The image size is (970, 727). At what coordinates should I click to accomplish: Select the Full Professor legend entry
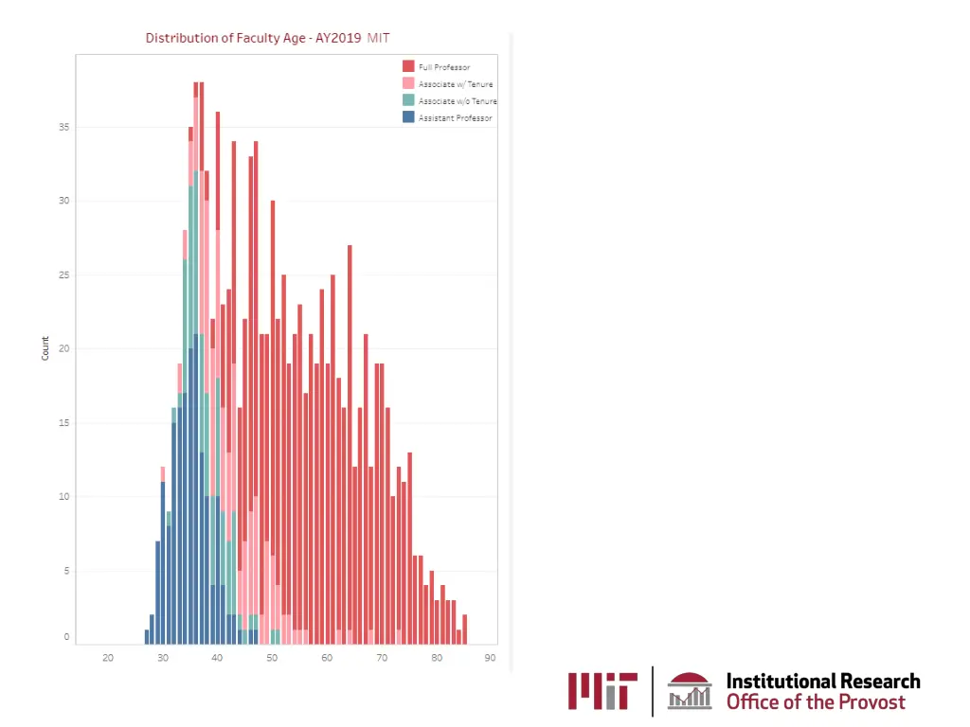444,67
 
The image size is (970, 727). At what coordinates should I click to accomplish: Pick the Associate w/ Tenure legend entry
455,84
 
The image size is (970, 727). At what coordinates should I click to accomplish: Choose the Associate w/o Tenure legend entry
458,101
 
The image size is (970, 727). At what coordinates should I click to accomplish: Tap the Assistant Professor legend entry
455,118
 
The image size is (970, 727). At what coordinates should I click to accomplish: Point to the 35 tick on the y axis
66,127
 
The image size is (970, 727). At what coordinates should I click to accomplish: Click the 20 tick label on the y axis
66,348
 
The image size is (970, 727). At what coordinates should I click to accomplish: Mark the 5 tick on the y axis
66,570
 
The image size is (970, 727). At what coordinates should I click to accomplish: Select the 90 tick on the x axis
490,658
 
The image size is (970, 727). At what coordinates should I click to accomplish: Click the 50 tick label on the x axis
272,658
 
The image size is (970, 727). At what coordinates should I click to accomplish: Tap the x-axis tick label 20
108,658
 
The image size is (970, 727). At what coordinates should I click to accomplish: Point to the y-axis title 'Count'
45,348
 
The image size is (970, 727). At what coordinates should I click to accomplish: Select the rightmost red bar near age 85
465,629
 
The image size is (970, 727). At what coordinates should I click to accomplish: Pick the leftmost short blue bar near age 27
147,636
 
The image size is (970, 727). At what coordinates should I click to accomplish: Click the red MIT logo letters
602,691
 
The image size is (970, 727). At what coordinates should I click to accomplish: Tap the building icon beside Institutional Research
689,691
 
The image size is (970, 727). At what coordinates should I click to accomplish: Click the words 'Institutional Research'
822,681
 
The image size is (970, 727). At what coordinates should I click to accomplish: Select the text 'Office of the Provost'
815,702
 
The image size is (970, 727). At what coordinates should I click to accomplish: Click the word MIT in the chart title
378,38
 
